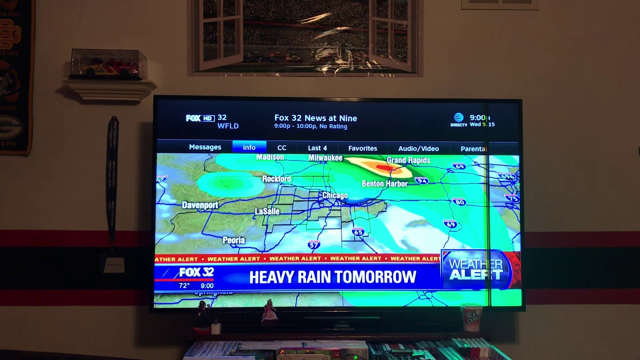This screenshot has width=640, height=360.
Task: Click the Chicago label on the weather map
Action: click(x=334, y=195)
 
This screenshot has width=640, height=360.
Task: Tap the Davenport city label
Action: click(x=200, y=205)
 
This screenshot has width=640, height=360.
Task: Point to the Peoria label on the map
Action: click(x=233, y=240)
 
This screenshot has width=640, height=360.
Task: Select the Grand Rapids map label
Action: click(x=408, y=160)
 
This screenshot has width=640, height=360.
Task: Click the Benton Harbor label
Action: click(x=384, y=183)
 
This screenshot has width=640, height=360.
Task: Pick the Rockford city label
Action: click(x=276, y=178)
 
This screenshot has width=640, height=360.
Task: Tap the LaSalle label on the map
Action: click(x=267, y=211)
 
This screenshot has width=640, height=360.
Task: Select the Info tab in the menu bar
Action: click(x=249, y=147)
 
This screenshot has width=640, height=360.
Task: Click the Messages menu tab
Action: click(x=205, y=147)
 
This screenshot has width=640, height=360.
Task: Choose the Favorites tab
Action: click(x=362, y=148)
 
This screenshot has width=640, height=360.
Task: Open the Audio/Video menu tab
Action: click(x=418, y=148)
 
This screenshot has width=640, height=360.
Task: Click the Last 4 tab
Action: click(x=317, y=148)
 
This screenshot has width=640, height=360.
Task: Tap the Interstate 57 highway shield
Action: click(x=313, y=244)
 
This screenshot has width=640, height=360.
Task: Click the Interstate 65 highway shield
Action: click(x=358, y=232)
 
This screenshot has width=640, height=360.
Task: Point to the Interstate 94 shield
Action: click(x=421, y=180)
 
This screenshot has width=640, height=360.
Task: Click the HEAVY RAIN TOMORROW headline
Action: click(x=332, y=277)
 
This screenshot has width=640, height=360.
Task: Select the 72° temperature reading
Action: click(x=184, y=285)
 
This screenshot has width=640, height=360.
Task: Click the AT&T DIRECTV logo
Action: click(x=458, y=120)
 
